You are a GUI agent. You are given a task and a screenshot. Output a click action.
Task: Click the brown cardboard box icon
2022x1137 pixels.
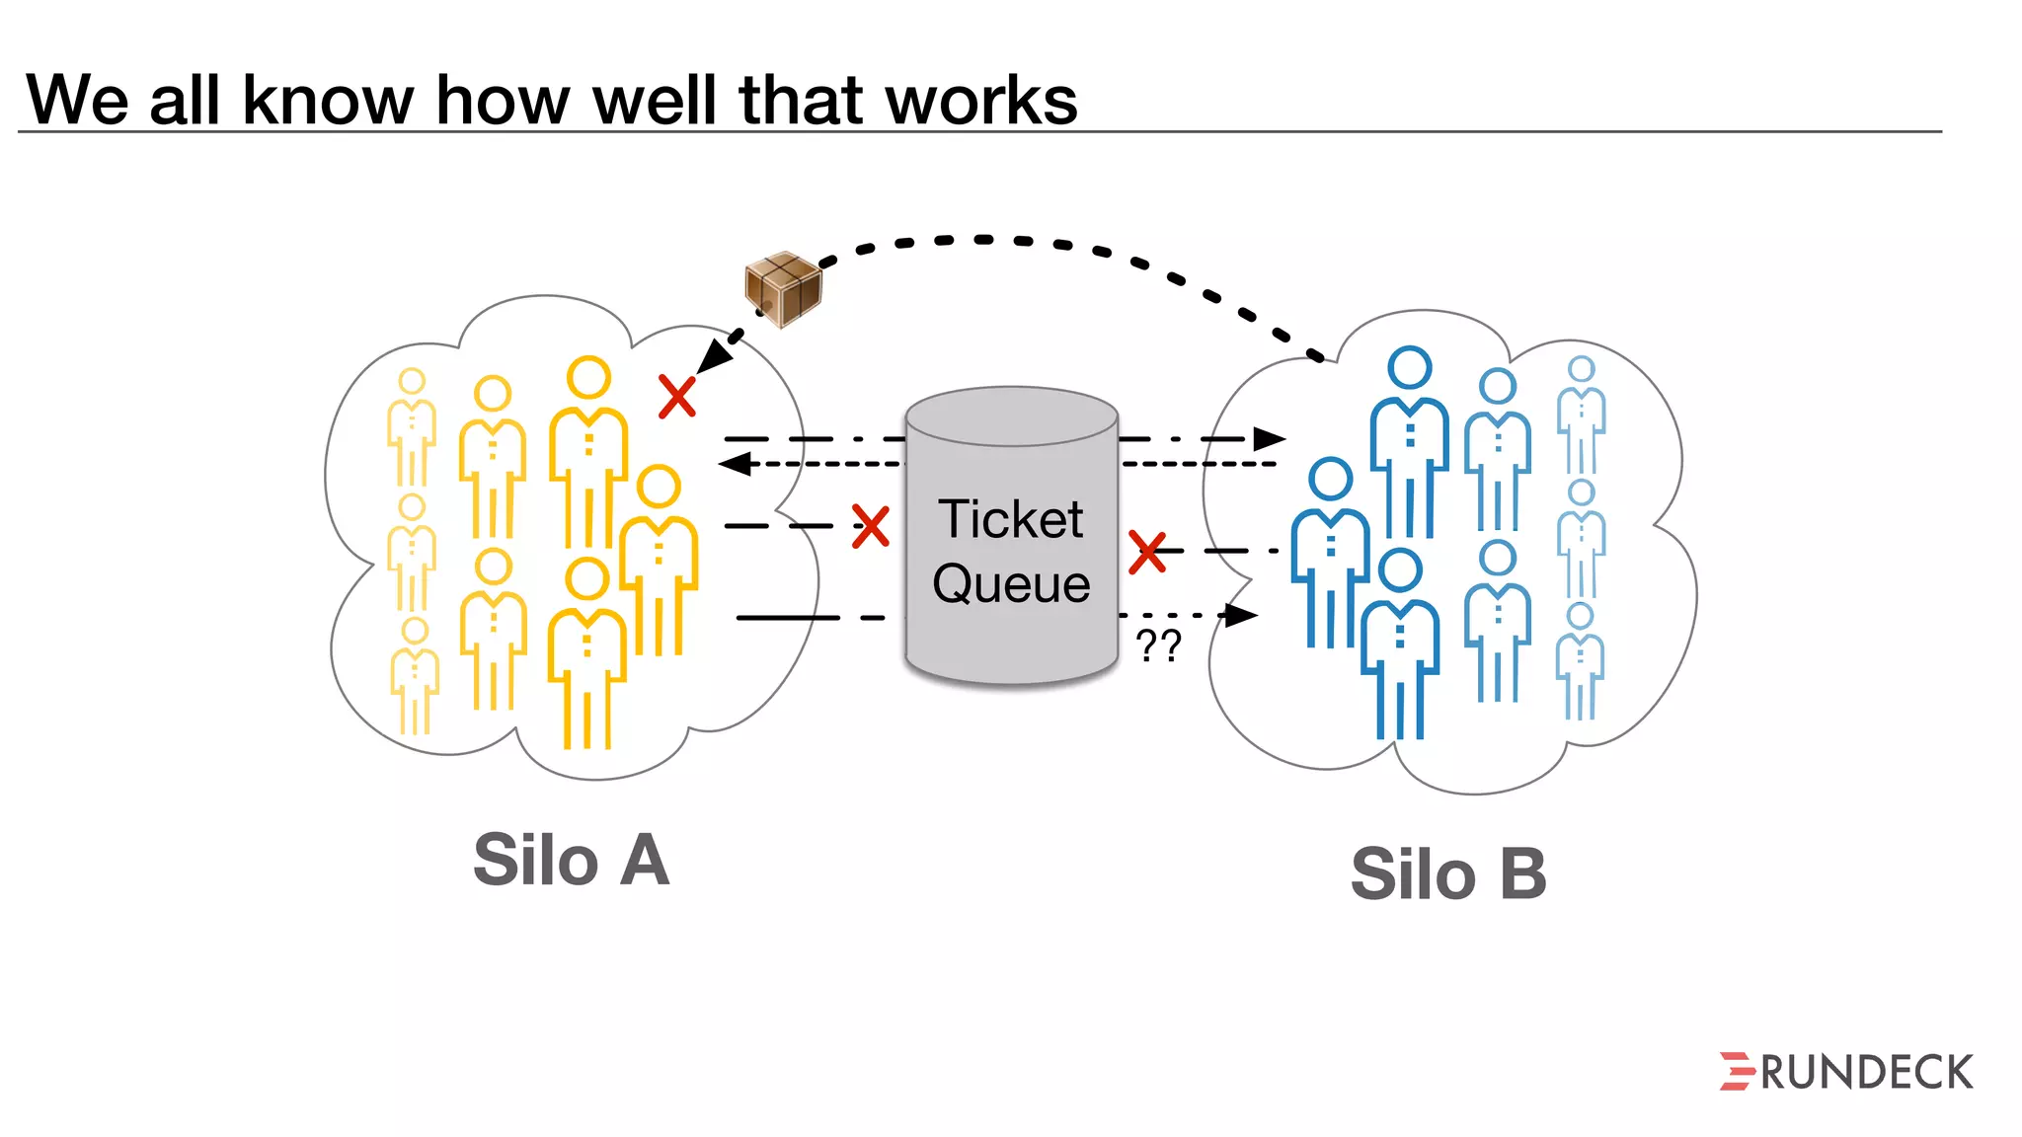[x=783, y=288]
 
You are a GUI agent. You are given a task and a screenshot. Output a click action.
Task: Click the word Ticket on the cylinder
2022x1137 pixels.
[x=1010, y=519]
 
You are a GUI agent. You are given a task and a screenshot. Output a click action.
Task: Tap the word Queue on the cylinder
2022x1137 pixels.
[x=1011, y=583]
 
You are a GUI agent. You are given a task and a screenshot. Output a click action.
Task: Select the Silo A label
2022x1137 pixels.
[x=571, y=860]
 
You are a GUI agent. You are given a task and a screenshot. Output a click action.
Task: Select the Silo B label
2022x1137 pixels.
[x=1447, y=874]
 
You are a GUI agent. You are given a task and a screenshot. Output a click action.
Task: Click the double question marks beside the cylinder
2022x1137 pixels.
[x=1158, y=646]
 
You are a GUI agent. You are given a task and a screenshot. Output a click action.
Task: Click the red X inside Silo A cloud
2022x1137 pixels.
[x=677, y=397]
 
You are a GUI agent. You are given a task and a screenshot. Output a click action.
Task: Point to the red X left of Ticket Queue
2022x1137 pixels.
[x=870, y=526]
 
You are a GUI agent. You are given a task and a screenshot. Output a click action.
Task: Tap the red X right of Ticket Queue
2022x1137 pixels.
[x=1147, y=552]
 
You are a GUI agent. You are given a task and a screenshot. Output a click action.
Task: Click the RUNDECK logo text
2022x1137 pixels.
[x=1866, y=1073]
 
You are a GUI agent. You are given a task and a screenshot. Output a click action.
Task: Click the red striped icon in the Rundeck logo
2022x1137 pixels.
[x=1736, y=1072]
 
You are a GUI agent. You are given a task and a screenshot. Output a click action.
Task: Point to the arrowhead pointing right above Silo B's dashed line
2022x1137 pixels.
[x=1269, y=438]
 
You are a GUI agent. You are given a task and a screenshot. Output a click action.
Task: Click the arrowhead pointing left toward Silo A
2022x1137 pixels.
[x=735, y=463]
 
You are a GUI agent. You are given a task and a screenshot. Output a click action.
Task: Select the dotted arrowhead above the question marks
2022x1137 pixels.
[x=1241, y=616]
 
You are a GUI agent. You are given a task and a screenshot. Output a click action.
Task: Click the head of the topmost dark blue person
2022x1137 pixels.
[x=1409, y=367]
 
